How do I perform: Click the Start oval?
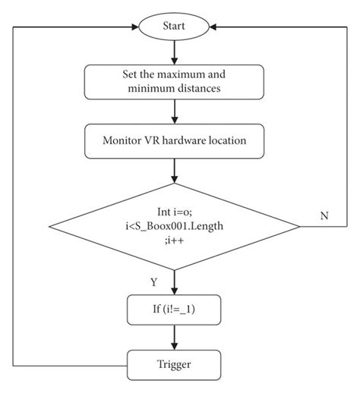pos(175,27)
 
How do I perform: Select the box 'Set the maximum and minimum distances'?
pos(175,81)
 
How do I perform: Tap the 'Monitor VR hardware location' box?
pos(175,141)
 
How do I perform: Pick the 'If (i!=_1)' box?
pos(175,310)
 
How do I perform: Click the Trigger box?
pos(175,365)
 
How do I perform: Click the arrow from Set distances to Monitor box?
pos(175,112)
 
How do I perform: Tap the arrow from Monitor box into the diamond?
pos(175,171)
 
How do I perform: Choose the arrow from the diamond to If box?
pos(175,282)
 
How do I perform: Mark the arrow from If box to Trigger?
pos(175,338)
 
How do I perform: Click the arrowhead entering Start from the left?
pos(134,27)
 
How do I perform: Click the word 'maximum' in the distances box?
pos(189,75)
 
